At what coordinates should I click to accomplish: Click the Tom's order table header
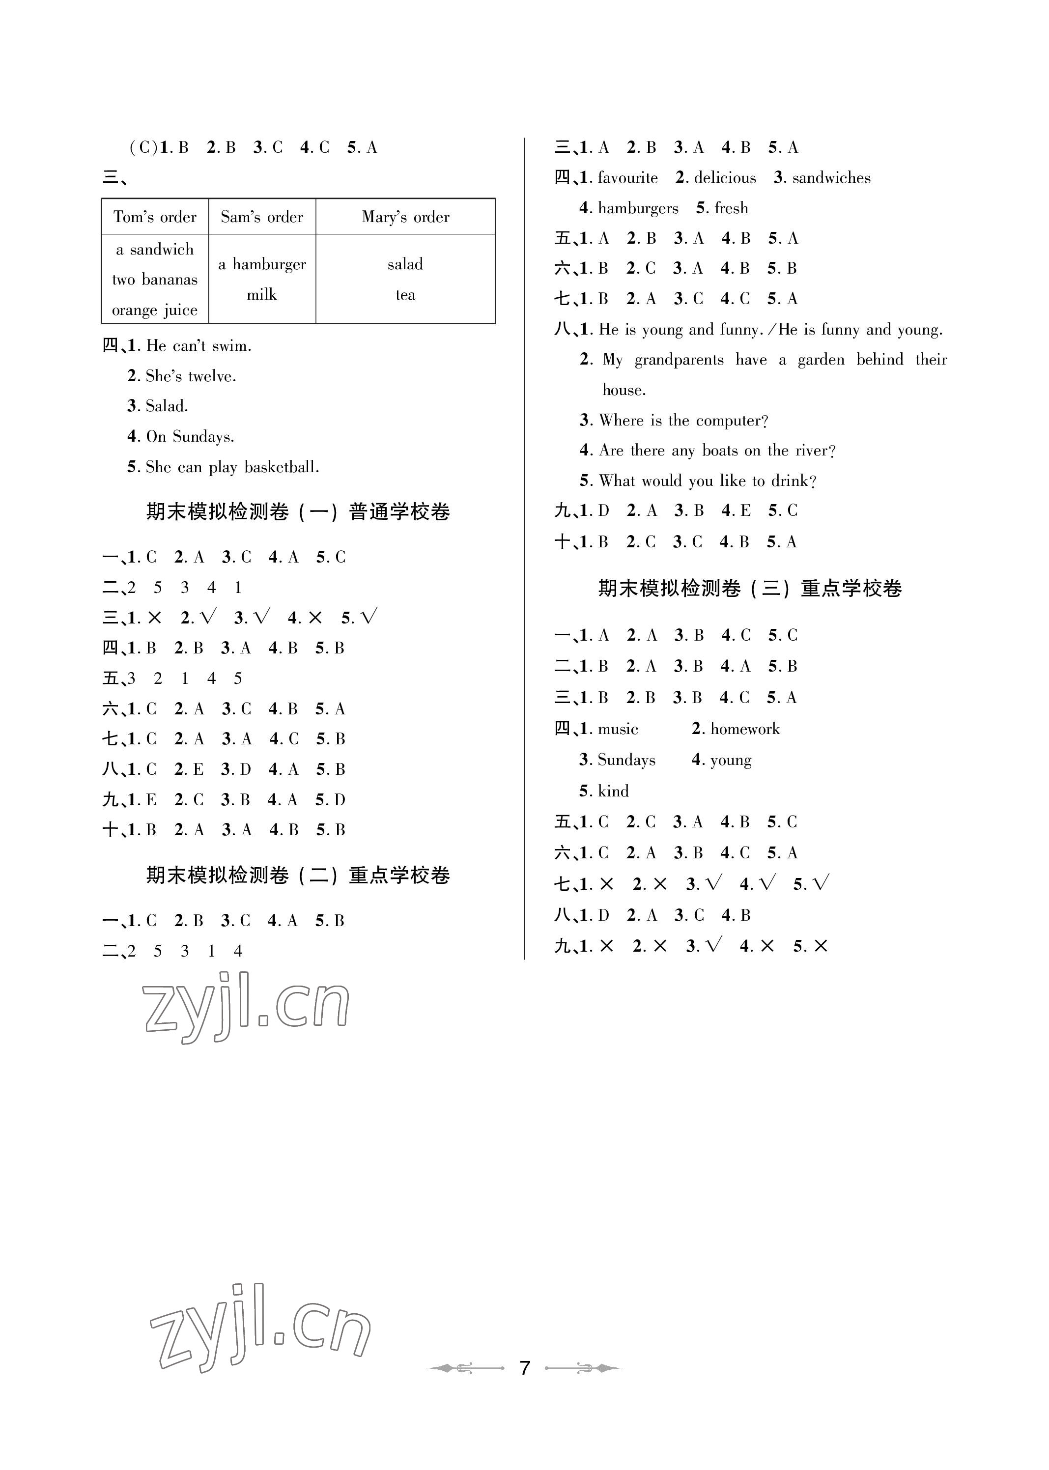tap(155, 217)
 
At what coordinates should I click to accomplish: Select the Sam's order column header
tap(261, 217)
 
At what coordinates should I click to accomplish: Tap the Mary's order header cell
tap(406, 217)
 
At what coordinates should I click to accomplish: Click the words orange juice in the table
tap(155, 311)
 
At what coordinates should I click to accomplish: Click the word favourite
tap(628, 178)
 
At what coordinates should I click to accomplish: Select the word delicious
tap(725, 178)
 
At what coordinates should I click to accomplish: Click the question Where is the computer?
tap(683, 421)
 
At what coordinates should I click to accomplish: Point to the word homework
tap(745, 729)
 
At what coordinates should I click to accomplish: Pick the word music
tap(618, 729)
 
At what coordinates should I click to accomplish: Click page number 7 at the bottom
tap(525, 1368)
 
